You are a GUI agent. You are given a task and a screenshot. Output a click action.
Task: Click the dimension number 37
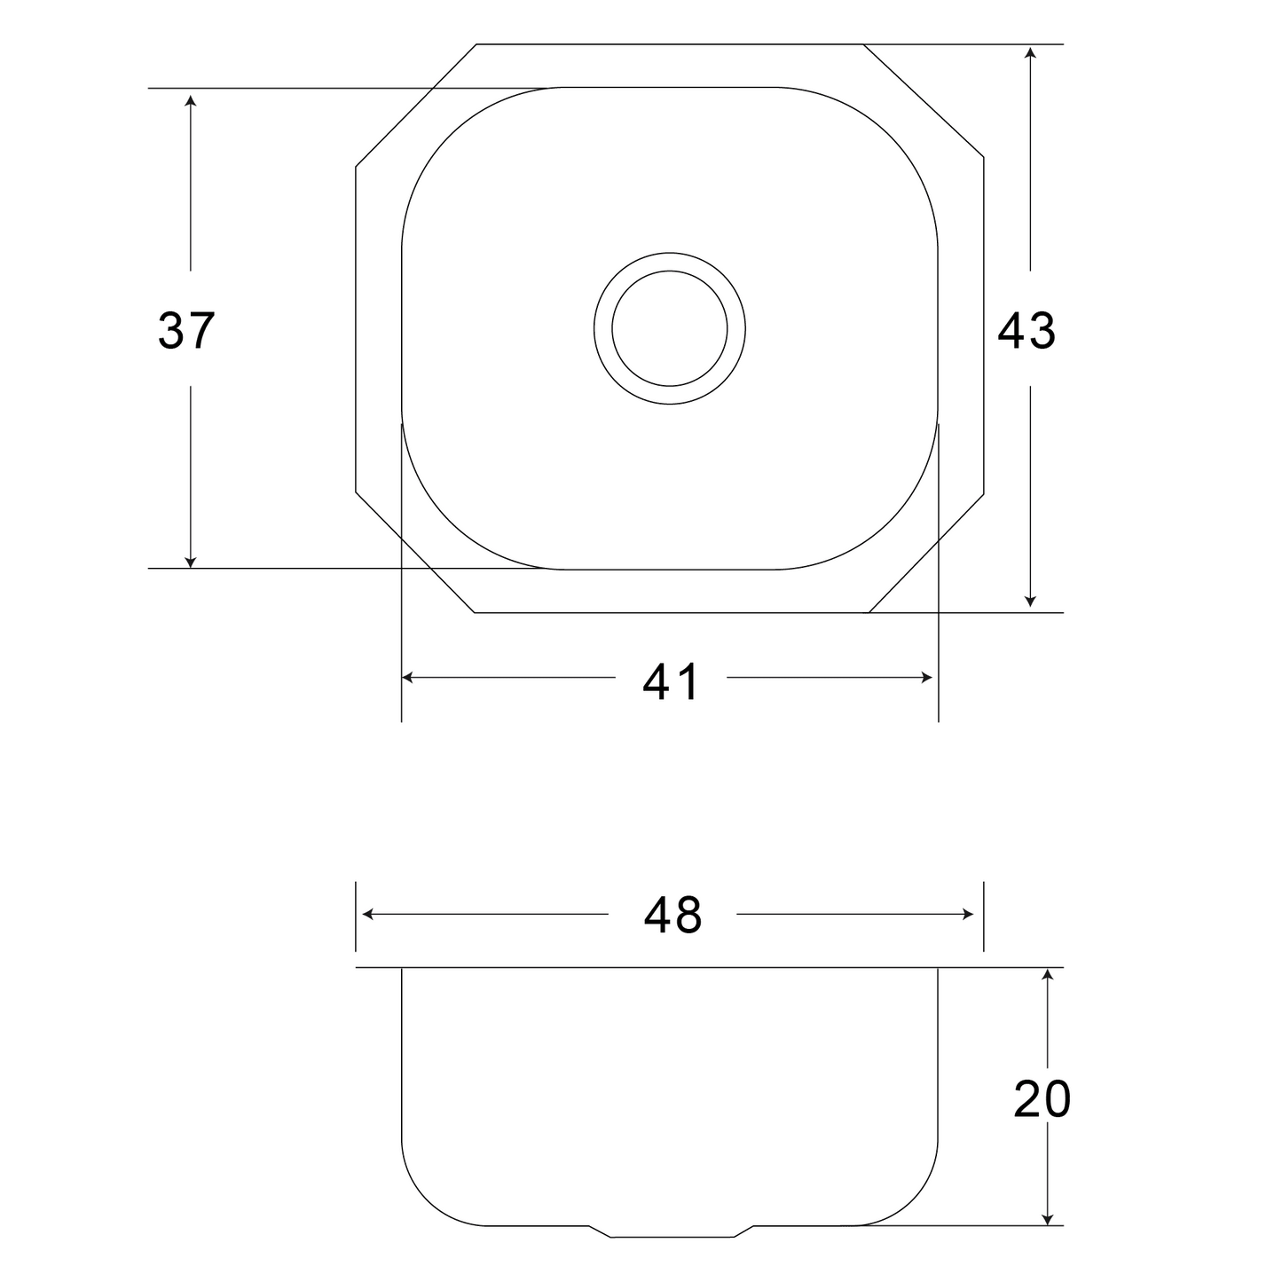tap(186, 330)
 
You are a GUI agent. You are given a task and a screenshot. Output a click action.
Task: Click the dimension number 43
tap(1026, 331)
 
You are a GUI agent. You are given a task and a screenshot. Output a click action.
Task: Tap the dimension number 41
tap(671, 682)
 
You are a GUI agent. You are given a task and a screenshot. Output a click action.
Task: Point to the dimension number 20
tap(1042, 1100)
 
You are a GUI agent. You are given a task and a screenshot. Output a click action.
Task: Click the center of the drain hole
tap(669, 328)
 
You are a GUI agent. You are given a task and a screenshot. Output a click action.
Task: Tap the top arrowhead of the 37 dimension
tap(190, 100)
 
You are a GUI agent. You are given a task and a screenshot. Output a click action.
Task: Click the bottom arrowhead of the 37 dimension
tap(190, 562)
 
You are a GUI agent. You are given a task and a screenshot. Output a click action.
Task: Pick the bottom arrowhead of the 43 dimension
tap(1030, 601)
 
